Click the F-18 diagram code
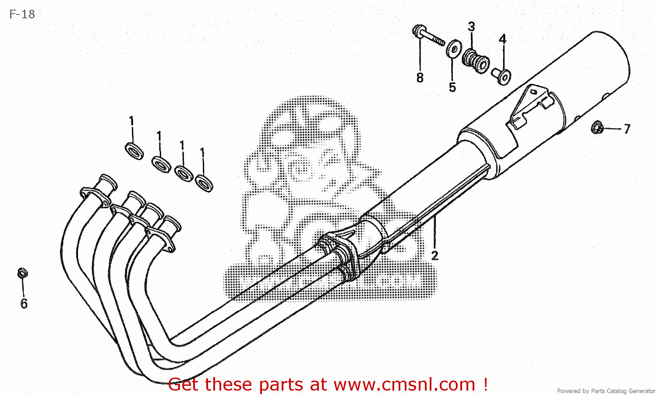click(22, 14)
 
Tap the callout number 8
click(420, 78)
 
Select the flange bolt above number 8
click(427, 36)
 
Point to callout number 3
click(471, 27)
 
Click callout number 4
click(502, 39)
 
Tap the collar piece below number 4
click(501, 76)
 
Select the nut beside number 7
click(597, 127)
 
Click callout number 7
click(627, 129)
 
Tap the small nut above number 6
click(22, 273)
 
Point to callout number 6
click(24, 303)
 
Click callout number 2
click(434, 255)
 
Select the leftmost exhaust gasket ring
click(134, 150)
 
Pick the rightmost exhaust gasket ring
click(204, 182)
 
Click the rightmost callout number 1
click(202, 152)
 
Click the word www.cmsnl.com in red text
click(404, 385)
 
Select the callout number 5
click(452, 87)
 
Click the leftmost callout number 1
click(131, 121)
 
